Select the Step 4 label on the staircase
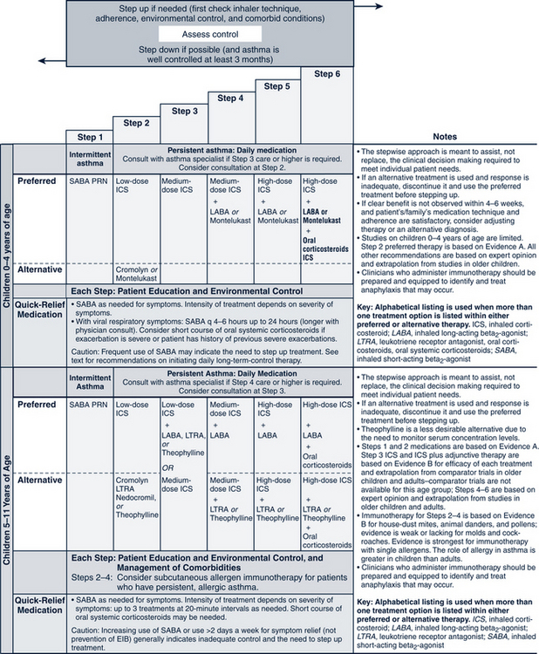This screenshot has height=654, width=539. pos(229,98)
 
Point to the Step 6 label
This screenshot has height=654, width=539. pos(325,72)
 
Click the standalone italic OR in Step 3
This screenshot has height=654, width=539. pos(183,463)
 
